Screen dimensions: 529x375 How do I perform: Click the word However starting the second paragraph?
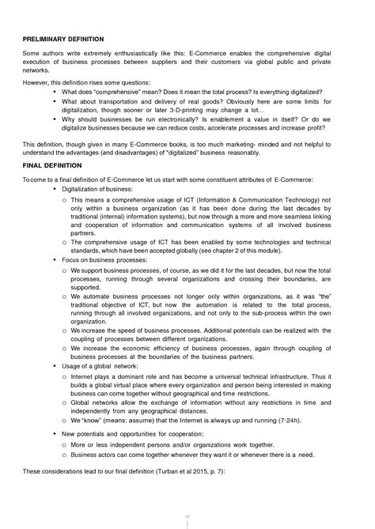pos(36,81)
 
